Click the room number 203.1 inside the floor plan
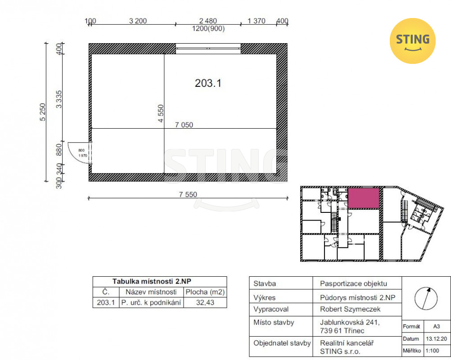pyautogui.click(x=208, y=83)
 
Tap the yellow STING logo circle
pyautogui.click(x=412, y=41)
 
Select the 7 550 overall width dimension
pyautogui.click(x=188, y=194)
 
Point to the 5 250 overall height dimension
pyautogui.click(x=43, y=112)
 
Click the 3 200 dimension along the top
pyautogui.click(x=138, y=21)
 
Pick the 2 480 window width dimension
pyautogui.click(x=208, y=21)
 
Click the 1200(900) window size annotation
pyautogui.click(x=208, y=28)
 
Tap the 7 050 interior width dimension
pyautogui.click(x=184, y=125)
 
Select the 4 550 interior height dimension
pyautogui.click(x=161, y=113)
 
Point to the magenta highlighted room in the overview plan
pyautogui.click(x=364, y=198)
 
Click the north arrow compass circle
pyautogui.click(x=426, y=298)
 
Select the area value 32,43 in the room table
pyautogui.click(x=205, y=302)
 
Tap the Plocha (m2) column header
pyautogui.click(x=205, y=292)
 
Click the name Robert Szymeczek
pyautogui.click(x=350, y=309)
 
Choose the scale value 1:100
pyautogui.click(x=432, y=351)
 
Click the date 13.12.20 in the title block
pyautogui.click(x=436, y=339)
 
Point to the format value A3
pyautogui.click(x=436, y=326)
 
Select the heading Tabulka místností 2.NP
pyautogui.click(x=152, y=281)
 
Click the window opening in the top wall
pyautogui.click(x=208, y=49)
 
